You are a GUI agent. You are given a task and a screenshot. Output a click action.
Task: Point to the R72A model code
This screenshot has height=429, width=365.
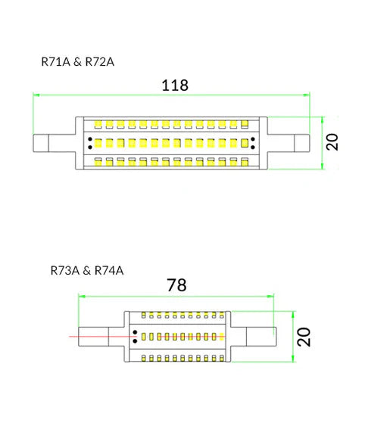(98, 61)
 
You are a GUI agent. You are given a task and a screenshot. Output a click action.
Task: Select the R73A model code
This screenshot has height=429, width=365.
(64, 269)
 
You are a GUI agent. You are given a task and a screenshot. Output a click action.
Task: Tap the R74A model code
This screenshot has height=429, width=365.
(108, 269)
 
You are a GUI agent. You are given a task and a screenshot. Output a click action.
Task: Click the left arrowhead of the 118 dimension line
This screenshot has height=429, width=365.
(36, 95)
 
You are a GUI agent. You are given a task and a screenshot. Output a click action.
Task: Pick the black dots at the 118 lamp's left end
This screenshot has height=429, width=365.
(90, 141)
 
